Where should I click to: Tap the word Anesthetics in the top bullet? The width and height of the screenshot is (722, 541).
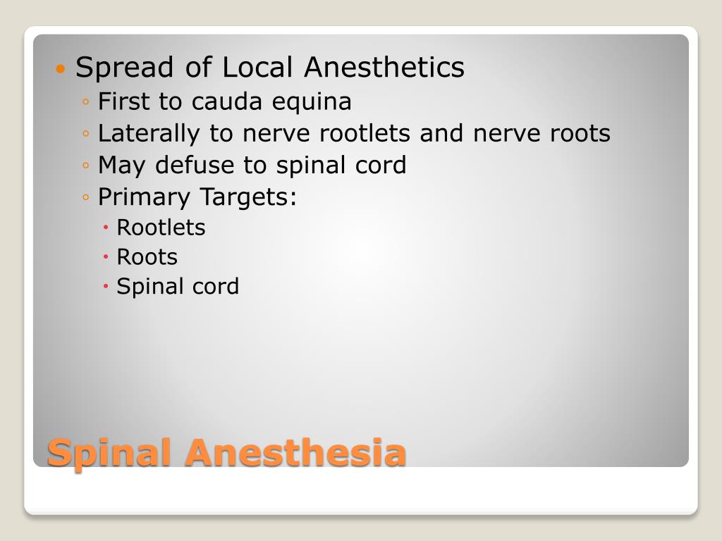coord(384,68)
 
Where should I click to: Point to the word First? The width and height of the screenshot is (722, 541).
coord(124,101)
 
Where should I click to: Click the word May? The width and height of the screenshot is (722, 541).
coord(123,166)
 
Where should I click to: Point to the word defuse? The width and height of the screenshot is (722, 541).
coord(195,165)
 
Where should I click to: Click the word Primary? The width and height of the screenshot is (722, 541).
coord(145,197)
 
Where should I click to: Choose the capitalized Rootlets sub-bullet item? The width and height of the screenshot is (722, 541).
coord(161,228)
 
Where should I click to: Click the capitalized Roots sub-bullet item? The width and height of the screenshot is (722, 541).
coord(147,257)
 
